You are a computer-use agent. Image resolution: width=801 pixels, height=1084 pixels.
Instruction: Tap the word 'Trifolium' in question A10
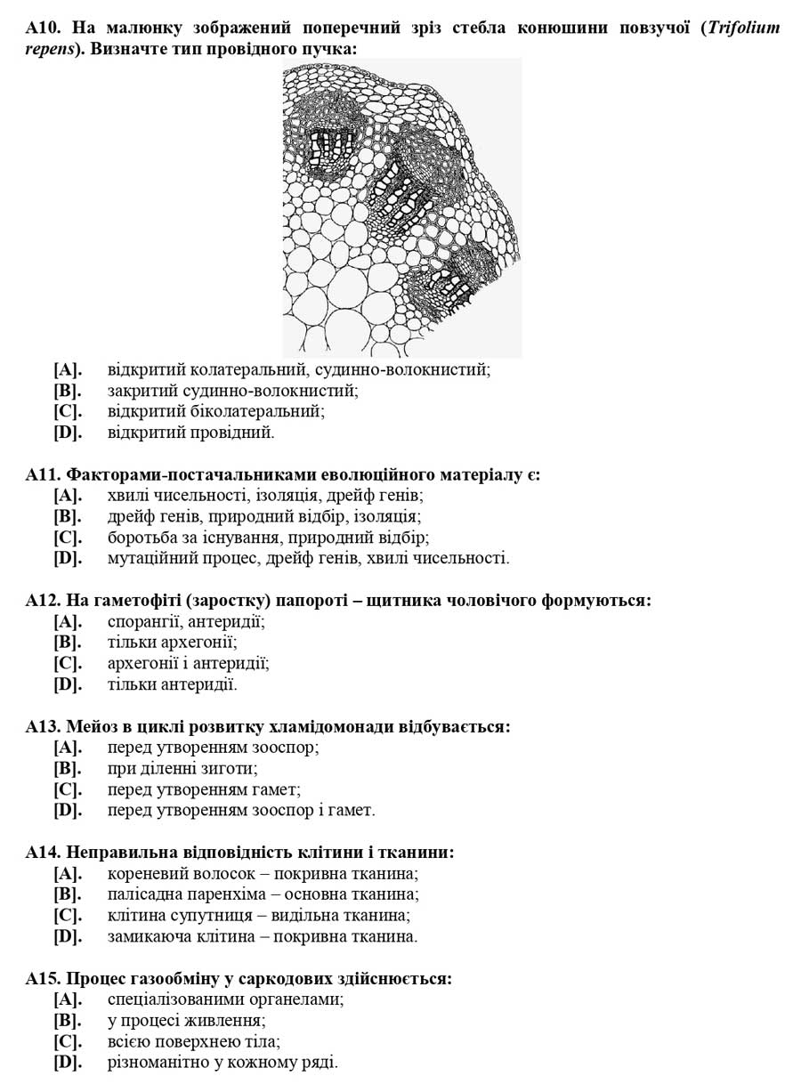click(x=744, y=28)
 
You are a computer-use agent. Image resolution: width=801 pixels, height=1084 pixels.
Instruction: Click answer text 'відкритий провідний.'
click(x=190, y=433)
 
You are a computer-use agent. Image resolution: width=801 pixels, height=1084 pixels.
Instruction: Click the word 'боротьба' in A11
click(x=142, y=537)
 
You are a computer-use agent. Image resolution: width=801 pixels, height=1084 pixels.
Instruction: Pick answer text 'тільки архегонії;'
click(x=172, y=643)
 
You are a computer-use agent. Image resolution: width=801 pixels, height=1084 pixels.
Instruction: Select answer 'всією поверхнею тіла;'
click(x=193, y=1041)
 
